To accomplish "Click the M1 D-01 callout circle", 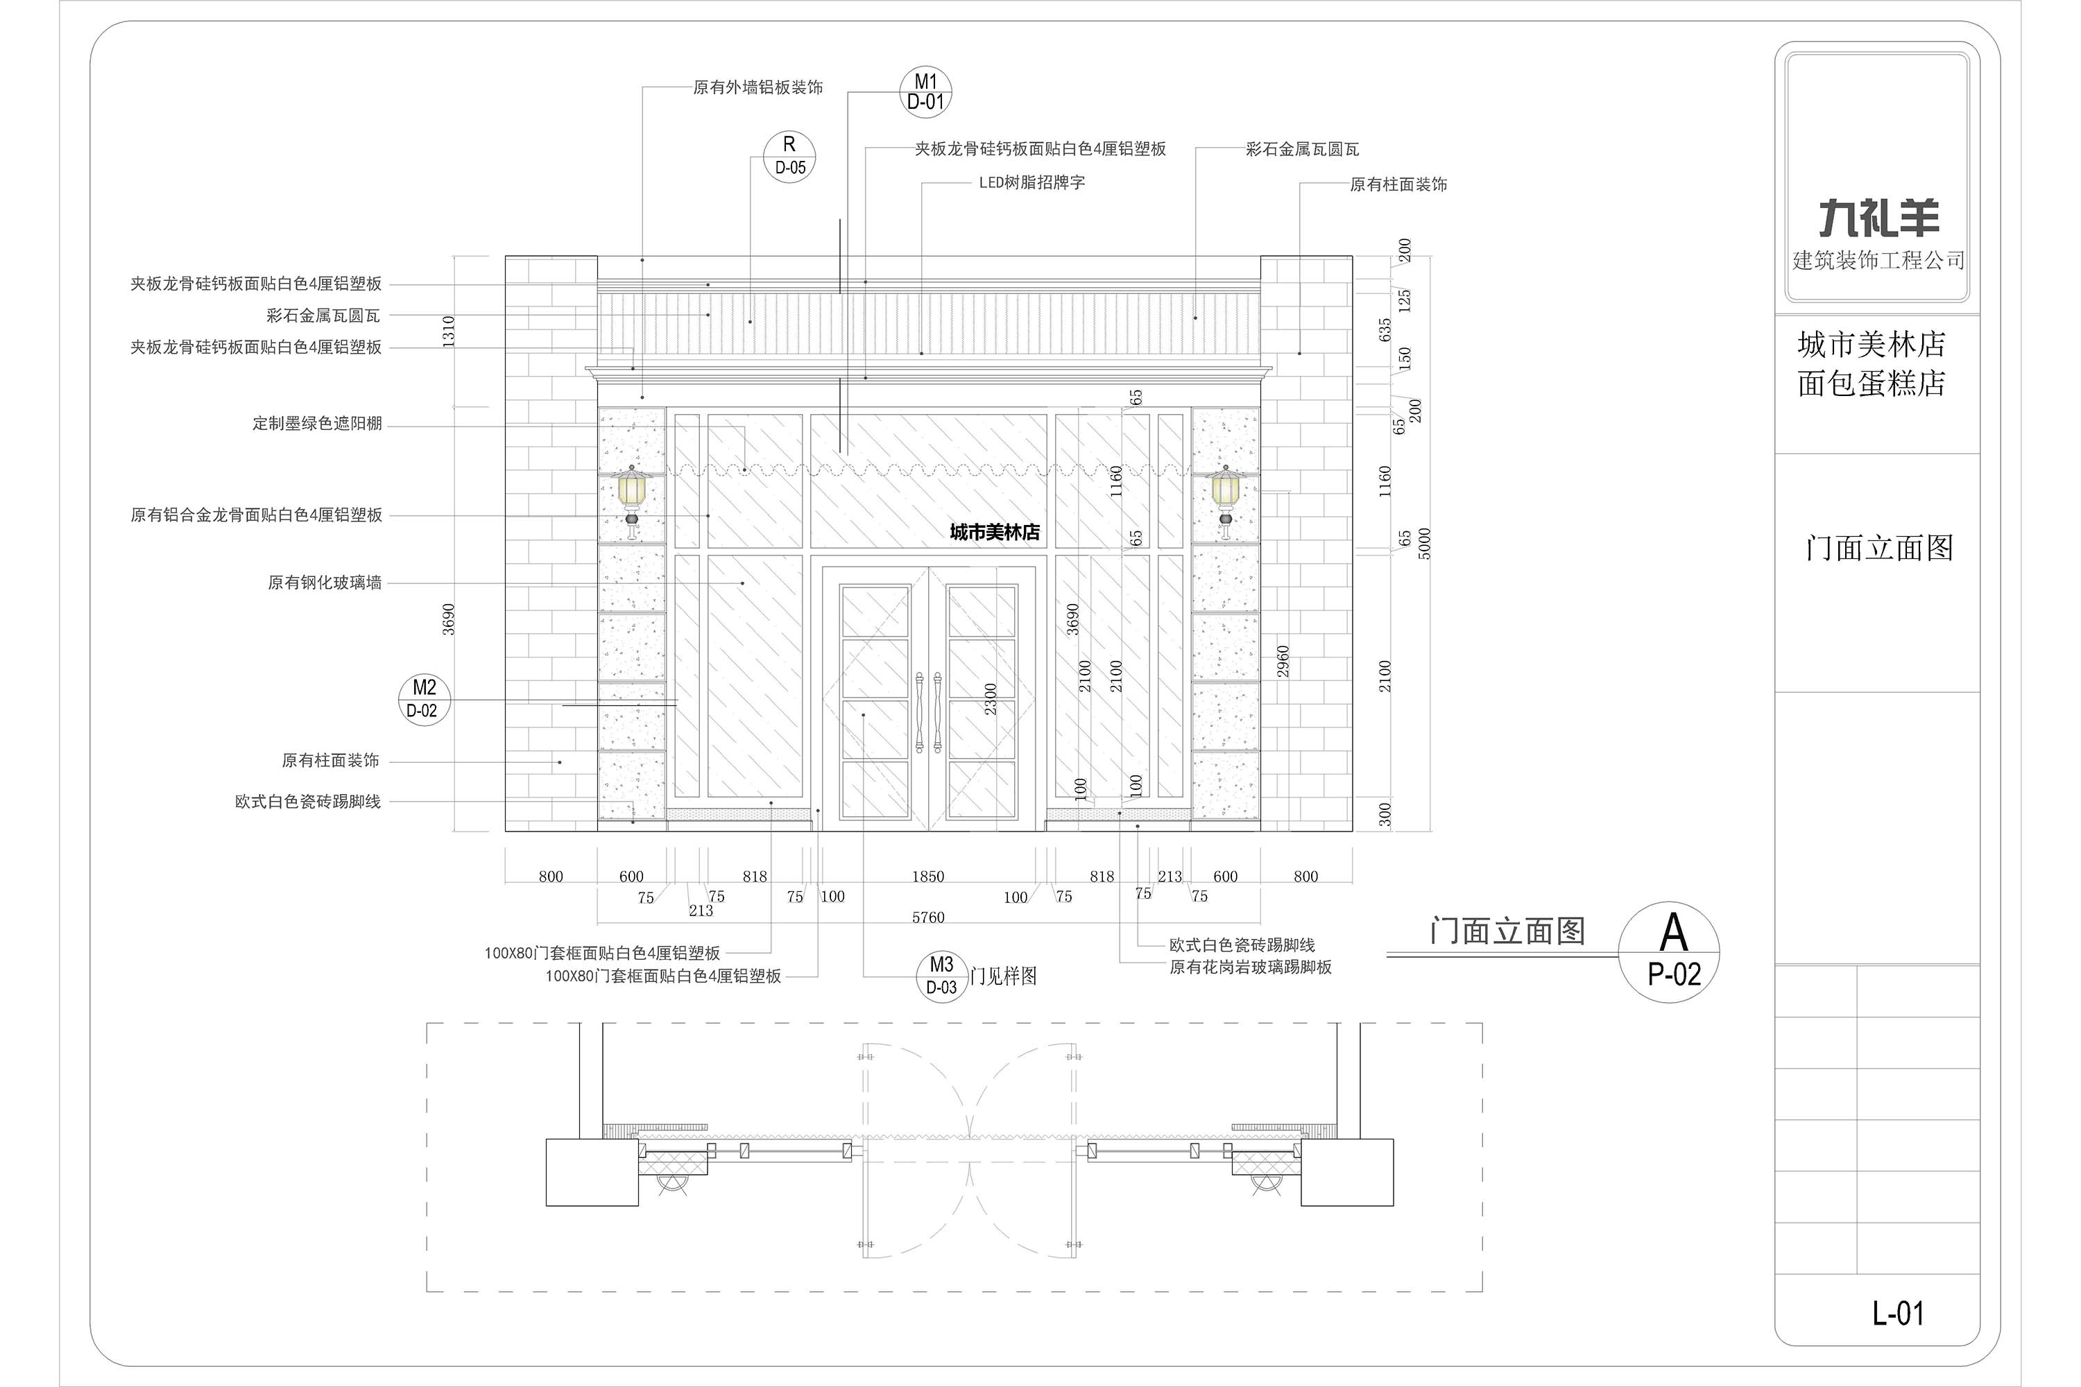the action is [925, 92].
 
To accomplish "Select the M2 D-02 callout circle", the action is [424, 699].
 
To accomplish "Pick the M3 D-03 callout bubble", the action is [941, 976].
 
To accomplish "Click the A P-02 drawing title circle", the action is [1669, 951].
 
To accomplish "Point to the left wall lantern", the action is [632, 502].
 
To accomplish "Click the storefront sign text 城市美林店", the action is [995, 533].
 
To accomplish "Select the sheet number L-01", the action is [1898, 1313].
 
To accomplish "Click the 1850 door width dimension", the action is [928, 877].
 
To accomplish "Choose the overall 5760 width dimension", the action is [928, 918].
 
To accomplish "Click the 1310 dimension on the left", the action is [449, 331].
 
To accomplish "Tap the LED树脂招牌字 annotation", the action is [1031, 183].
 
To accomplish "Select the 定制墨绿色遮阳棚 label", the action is [317, 424].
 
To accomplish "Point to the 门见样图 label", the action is [1003, 976].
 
